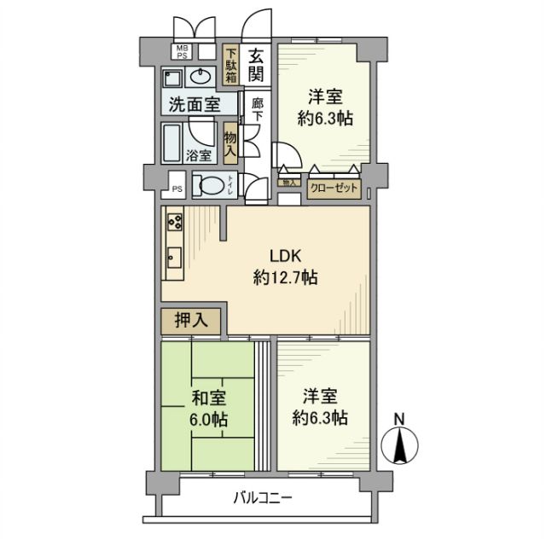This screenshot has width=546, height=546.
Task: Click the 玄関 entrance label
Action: [256, 66]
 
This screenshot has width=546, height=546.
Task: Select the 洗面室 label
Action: [193, 107]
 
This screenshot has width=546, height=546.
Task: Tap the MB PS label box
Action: [183, 52]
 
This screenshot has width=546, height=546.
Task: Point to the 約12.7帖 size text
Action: [286, 278]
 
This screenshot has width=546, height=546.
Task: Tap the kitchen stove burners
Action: [174, 221]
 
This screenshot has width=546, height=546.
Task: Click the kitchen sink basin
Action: [174, 255]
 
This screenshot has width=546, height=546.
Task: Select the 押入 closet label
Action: [192, 321]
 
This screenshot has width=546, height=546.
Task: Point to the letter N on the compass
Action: [398, 419]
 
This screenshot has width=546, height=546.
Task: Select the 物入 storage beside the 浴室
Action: [230, 142]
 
